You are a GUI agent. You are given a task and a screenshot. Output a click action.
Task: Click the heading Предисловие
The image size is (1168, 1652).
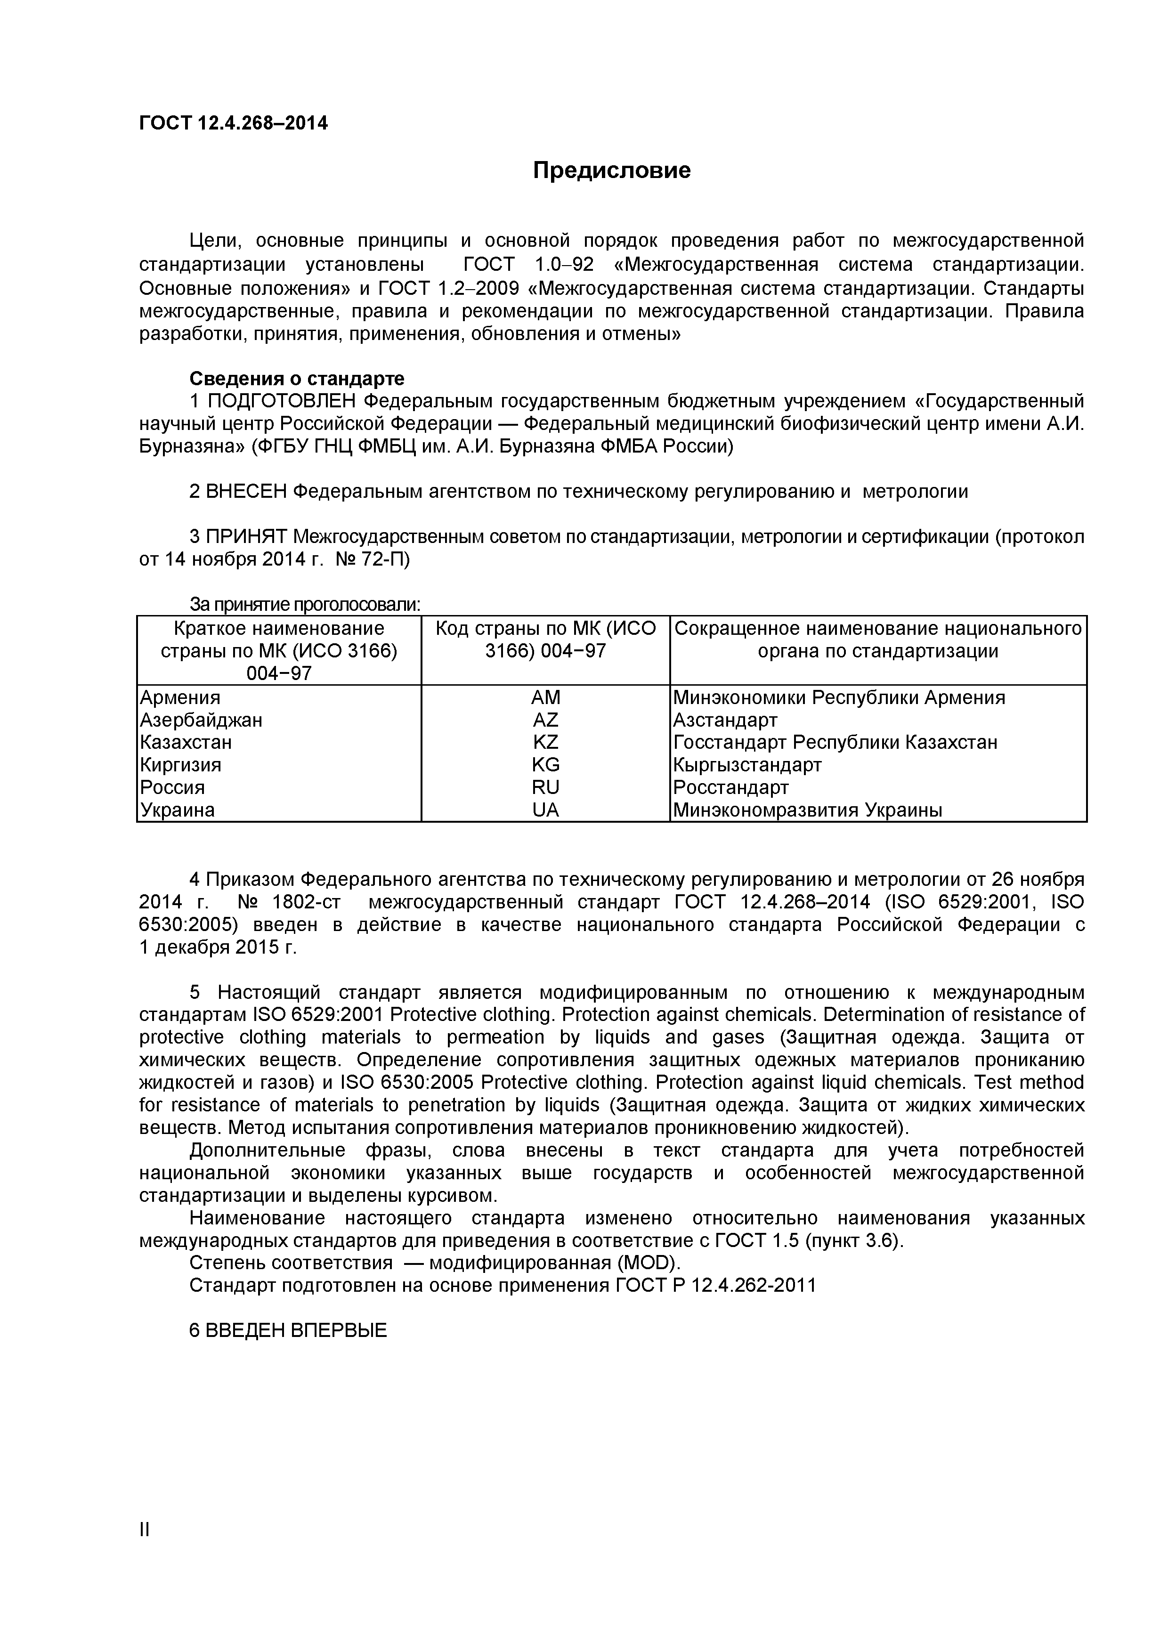612,170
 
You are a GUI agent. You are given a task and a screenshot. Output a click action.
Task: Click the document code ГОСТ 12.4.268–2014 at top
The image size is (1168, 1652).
233,124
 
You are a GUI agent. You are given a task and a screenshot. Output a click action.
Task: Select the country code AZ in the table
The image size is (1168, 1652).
545,720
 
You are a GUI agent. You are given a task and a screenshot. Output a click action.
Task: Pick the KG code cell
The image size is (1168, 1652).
545,765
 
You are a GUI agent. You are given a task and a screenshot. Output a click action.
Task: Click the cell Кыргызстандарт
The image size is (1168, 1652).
747,765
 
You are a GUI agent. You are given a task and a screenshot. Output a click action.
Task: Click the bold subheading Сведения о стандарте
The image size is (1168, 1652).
297,379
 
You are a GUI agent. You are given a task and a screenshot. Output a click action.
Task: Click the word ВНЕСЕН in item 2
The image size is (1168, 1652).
247,492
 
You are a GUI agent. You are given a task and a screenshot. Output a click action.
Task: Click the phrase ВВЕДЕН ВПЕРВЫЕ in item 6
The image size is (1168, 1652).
296,1330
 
